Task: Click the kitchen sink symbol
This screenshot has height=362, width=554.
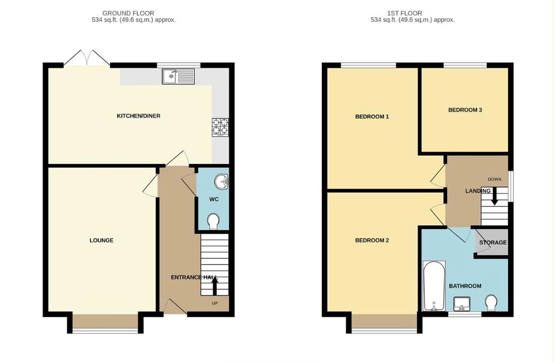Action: (178, 76)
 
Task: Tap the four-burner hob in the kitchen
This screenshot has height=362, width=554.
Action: (220, 127)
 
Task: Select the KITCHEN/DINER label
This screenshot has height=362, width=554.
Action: (138, 116)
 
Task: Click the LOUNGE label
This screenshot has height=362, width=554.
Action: (101, 240)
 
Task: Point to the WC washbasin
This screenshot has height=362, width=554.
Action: (221, 182)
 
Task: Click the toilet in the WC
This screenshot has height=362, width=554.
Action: (213, 221)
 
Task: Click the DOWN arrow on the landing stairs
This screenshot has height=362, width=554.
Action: (494, 196)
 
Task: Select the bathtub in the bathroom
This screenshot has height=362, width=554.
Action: (434, 286)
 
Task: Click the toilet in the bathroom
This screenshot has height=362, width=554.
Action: (491, 303)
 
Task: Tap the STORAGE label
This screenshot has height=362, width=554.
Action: (493, 242)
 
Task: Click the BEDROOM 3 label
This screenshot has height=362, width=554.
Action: (465, 110)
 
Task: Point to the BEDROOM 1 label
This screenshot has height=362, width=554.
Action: (372, 117)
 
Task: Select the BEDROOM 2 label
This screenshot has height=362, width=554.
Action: (372, 240)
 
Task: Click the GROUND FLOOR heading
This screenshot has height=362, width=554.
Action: (128, 13)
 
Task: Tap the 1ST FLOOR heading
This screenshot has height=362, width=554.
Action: (405, 13)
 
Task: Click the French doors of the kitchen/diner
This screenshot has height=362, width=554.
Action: (87, 58)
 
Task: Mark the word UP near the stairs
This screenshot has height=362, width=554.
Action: (215, 303)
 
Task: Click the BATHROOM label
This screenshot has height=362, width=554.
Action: (465, 286)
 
